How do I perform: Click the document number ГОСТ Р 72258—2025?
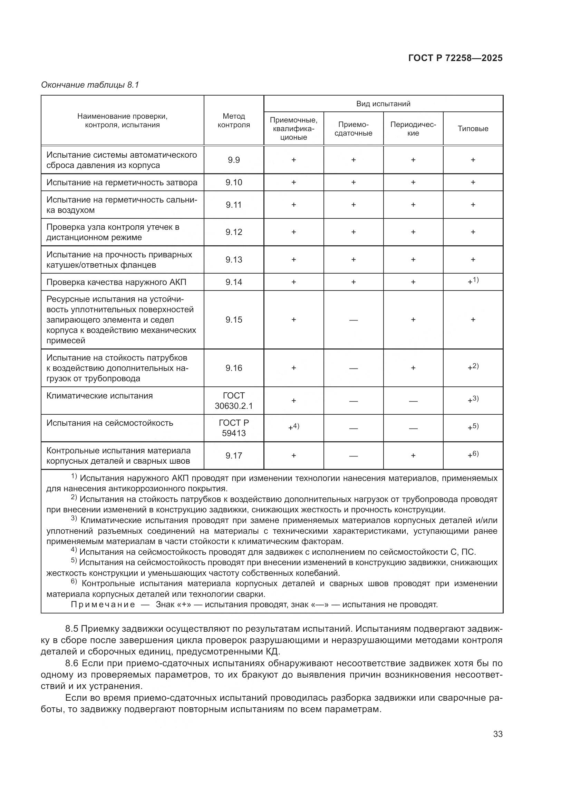point(455,58)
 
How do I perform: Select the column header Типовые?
point(473,129)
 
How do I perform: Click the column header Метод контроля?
point(233,120)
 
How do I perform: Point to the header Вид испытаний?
point(383,104)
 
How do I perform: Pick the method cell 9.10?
point(233,183)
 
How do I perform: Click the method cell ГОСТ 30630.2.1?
point(233,401)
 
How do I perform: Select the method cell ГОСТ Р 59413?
point(233,428)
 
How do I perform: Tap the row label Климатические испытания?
point(99,396)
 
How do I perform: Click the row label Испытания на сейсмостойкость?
point(110,423)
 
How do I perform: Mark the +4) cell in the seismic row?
point(293,427)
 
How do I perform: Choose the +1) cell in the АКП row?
point(473,282)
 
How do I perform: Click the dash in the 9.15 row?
point(354,320)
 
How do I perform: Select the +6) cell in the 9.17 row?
point(473,455)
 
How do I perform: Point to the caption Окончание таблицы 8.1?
point(90,85)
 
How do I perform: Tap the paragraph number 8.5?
point(72,628)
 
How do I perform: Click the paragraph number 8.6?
point(72,663)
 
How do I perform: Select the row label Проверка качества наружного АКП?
point(116,282)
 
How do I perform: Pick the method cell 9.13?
point(233,260)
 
